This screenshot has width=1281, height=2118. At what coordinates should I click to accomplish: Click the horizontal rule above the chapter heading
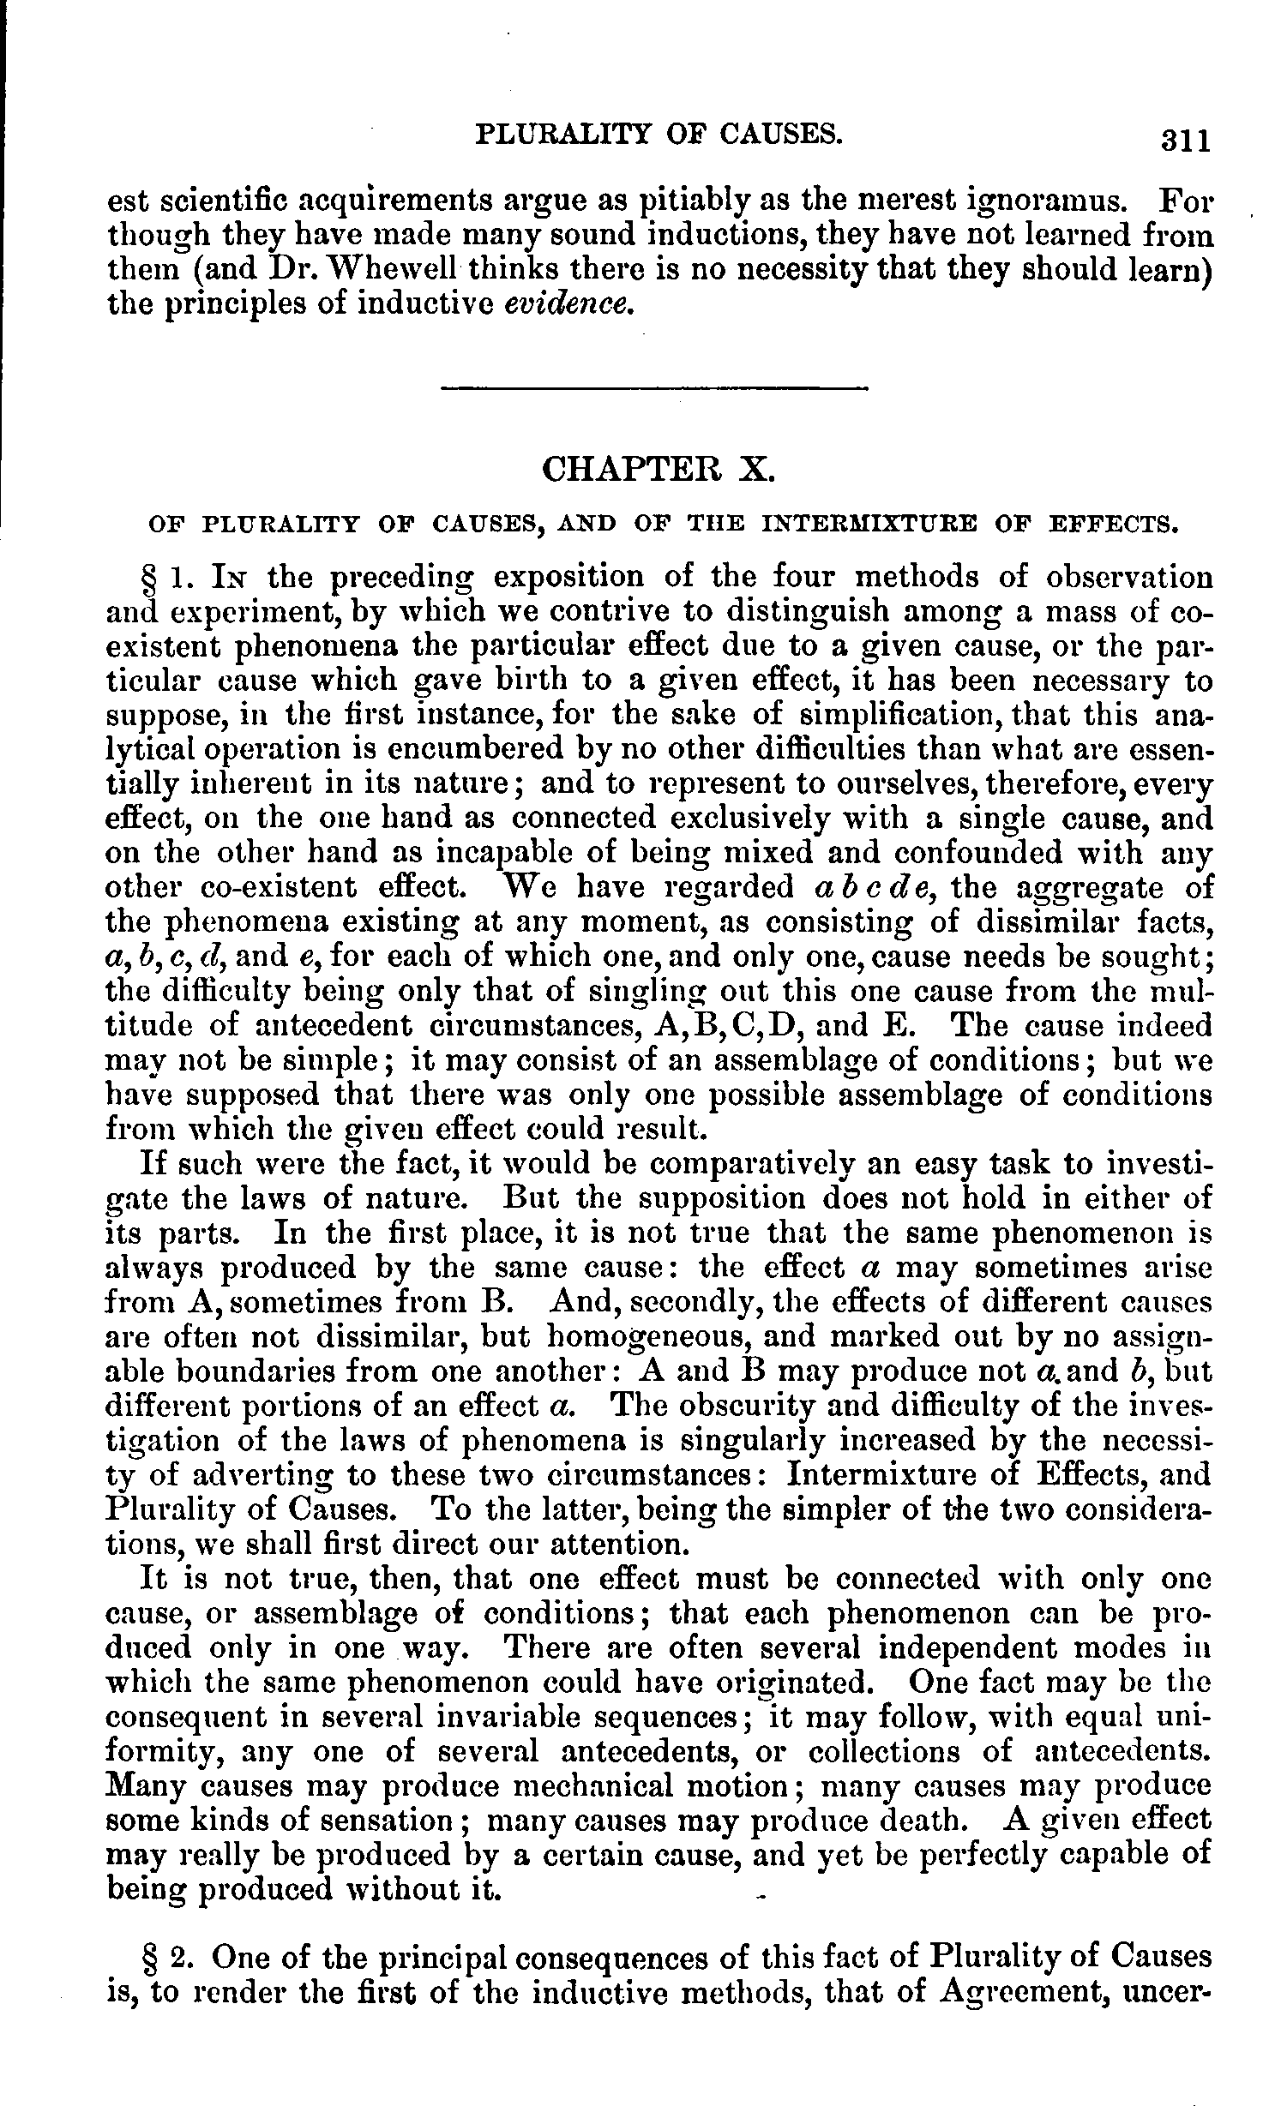(653, 389)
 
